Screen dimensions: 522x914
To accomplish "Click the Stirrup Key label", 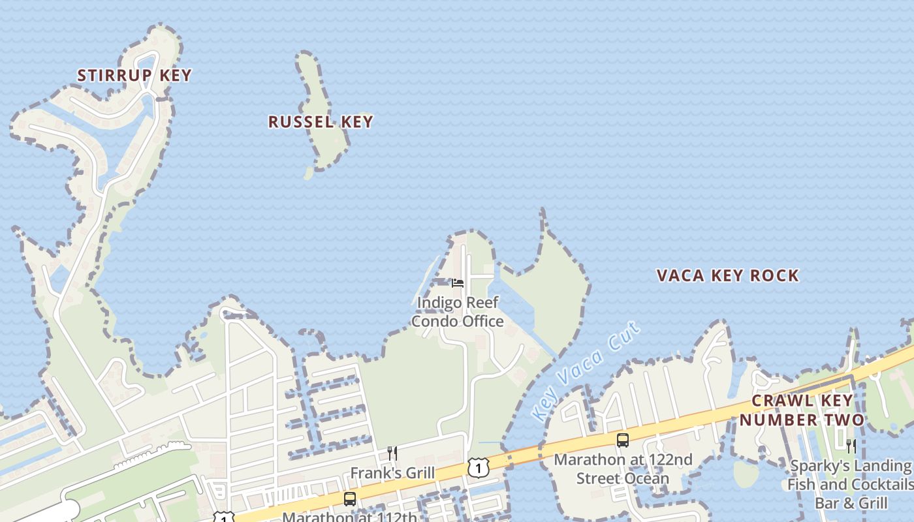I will [x=134, y=75].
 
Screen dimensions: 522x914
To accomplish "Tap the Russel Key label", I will [x=321, y=121].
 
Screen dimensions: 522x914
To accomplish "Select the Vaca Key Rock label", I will [x=727, y=275].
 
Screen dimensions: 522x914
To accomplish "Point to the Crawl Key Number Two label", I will [x=802, y=410].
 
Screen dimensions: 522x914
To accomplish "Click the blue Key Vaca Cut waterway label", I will [x=585, y=372].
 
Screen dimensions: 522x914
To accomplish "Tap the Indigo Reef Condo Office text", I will [x=457, y=312].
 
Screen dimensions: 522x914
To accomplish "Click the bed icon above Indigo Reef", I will [x=458, y=283].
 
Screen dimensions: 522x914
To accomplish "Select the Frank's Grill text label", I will [x=392, y=472].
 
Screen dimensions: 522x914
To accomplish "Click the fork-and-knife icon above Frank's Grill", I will [x=392, y=453].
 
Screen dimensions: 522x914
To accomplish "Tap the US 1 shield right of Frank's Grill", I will [x=478, y=468].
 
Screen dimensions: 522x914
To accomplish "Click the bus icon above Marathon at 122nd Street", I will [x=623, y=440].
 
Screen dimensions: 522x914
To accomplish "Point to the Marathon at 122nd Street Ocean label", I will [x=623, y=468].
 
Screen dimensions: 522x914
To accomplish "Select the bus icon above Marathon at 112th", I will [x=350, y=499].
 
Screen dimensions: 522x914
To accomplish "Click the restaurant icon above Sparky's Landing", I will [x=851, y=446].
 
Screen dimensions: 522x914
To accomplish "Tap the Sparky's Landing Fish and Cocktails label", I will [x=850, y=484].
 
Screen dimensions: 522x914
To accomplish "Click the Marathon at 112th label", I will [x=349, y=517].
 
